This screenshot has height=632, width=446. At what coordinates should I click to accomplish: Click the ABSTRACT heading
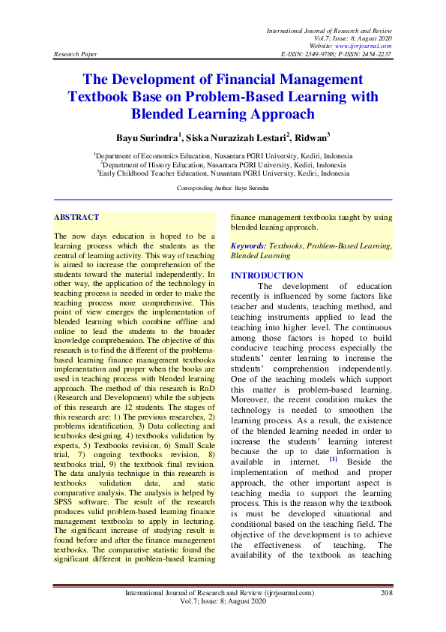(76, 217)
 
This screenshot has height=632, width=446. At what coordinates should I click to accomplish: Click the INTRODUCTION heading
(267, 275)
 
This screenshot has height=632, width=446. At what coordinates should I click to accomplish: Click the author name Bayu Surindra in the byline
(146, 138)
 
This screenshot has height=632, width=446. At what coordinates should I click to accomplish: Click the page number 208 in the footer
(387, 593)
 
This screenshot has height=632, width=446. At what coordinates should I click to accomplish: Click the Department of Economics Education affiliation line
(223, 155)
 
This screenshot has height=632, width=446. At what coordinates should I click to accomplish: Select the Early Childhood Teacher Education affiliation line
(223, 172)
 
